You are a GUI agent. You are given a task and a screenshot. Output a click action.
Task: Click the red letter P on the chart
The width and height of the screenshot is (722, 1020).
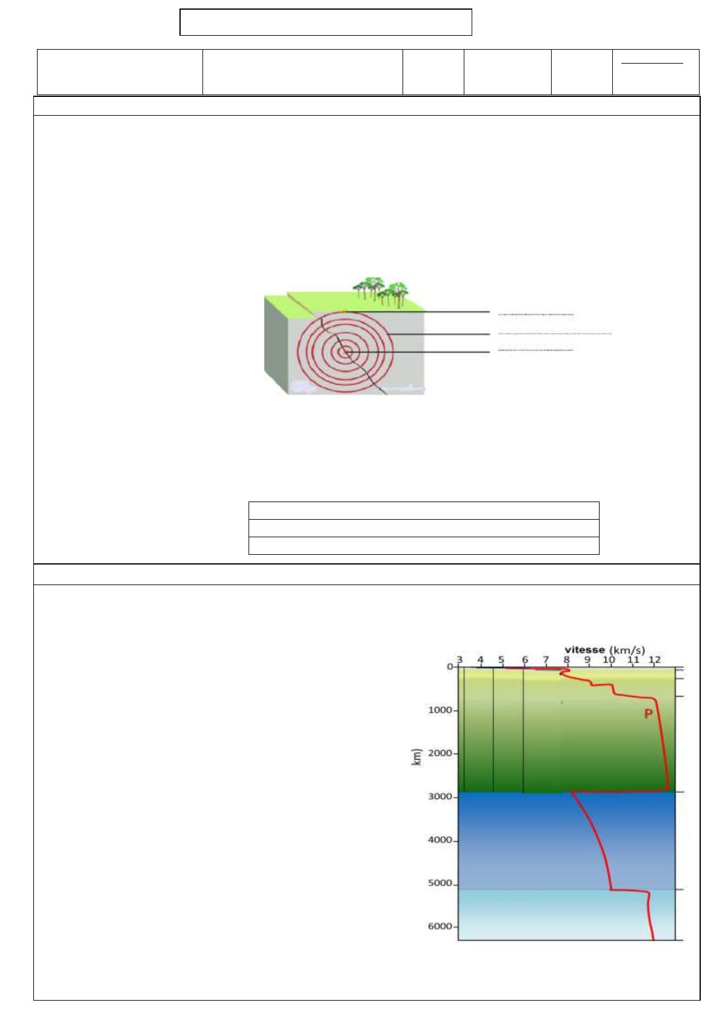tap(648, 714)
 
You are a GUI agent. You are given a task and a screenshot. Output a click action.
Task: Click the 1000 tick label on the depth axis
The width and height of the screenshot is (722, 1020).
tap(440, 710)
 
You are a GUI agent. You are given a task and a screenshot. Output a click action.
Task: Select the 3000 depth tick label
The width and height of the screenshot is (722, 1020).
tap(440, 797)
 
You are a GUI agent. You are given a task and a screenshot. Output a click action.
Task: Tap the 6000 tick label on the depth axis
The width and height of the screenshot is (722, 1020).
tap(440, 926)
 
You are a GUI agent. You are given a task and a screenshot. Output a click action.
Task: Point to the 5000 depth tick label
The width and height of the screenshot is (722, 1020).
tap(440, 883)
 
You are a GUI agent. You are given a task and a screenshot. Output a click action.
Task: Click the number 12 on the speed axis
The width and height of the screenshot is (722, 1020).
tap(654, 660)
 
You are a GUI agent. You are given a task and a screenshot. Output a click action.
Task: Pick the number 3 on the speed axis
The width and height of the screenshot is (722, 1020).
tap(460, 660)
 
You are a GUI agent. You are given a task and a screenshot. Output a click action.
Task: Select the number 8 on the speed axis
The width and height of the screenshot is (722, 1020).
tap(566, 660)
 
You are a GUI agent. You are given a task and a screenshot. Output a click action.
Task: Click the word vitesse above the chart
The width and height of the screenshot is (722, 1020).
tap(585, 650)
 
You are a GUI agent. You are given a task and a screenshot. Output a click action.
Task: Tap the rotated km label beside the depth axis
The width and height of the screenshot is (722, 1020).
tap(416, 757)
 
